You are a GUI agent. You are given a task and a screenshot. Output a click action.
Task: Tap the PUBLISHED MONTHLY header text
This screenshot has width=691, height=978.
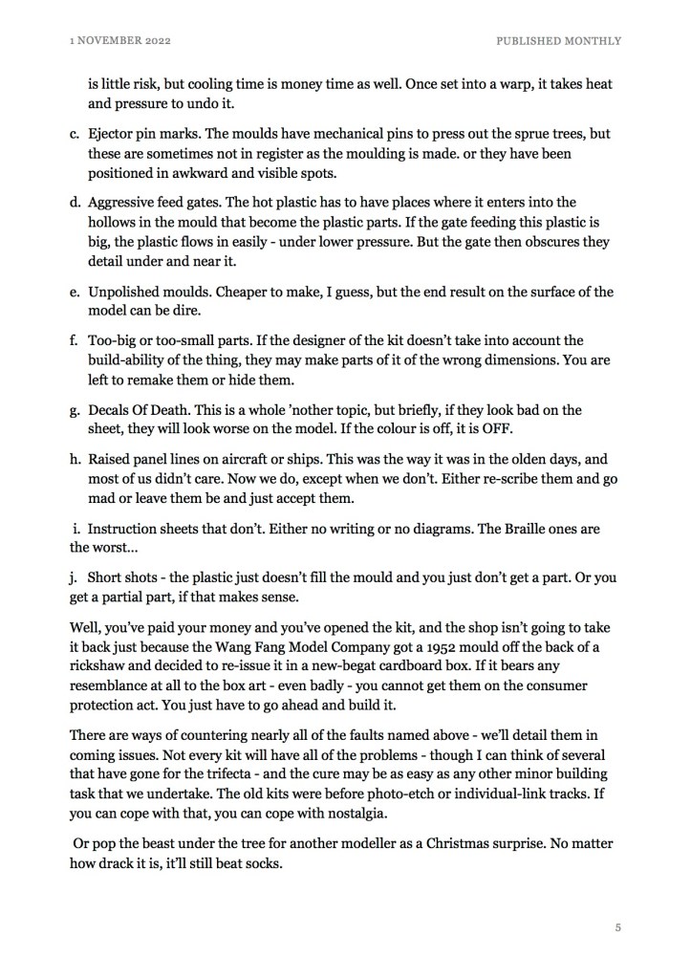(x=558, y=41)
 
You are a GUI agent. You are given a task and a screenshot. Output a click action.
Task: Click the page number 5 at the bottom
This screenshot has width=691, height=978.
(x=619, y=926)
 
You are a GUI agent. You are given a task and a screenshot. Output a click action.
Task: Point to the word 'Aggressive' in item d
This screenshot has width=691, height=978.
(x=126, y=203)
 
